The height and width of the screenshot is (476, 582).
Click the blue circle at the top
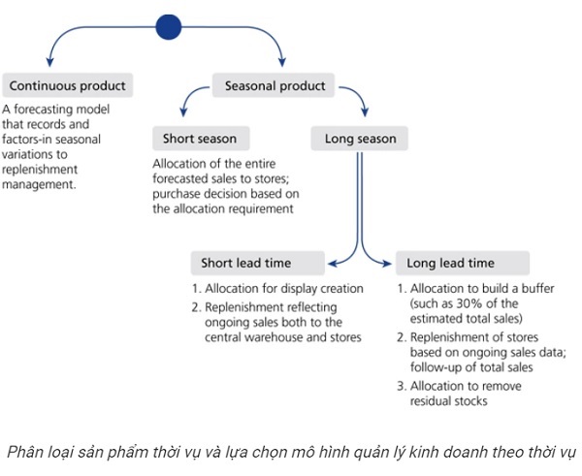(168, 26)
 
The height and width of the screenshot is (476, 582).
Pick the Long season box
(360, 139)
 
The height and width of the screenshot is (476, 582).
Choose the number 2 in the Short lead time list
(195, 307)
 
